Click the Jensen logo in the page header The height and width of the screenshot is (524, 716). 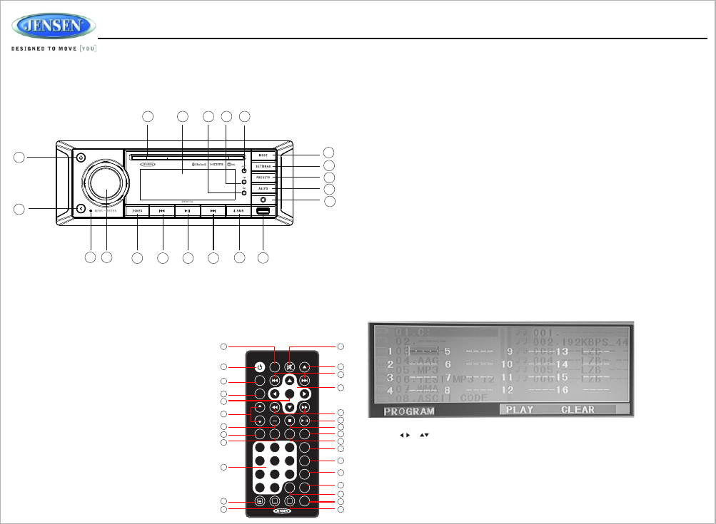[54, 27]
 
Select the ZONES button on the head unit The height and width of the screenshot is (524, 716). [137, 211]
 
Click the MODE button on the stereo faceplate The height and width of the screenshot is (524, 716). [263, 155]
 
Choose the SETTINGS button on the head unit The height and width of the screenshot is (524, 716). [263, 166]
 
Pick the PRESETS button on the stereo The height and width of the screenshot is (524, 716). [263, 177]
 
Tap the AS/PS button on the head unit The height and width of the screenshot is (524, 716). [263, 188]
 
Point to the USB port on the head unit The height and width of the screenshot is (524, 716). [263, 211]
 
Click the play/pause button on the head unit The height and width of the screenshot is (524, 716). [187, 211]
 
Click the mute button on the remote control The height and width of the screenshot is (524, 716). [290, 367]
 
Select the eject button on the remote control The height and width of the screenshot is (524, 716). [305, 367]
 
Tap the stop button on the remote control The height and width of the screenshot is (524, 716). [290, 421]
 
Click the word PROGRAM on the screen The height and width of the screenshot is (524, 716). [409, 411]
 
